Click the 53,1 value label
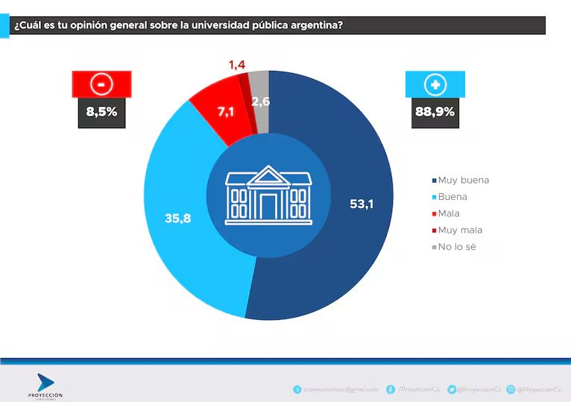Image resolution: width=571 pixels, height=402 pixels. [361, 204]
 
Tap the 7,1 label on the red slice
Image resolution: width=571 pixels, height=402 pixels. [225, 113]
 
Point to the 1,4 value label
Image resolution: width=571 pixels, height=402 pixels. [237, 66]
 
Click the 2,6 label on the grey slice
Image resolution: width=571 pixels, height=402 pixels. [260, 102]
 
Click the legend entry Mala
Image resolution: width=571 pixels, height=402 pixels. [449, 213]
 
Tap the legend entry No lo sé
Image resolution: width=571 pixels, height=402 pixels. [456, 247]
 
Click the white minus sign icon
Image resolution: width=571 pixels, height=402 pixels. [101, 84]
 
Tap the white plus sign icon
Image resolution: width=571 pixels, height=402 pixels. [435, 84]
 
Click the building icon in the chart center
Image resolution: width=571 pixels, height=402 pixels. [269, 195]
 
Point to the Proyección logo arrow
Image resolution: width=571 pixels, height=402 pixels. [45, 383]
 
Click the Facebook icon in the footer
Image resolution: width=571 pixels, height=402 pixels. [391, 389]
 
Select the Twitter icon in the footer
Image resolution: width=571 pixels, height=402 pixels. [452, 389]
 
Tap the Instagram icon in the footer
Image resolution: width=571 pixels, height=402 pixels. [511, 389]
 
